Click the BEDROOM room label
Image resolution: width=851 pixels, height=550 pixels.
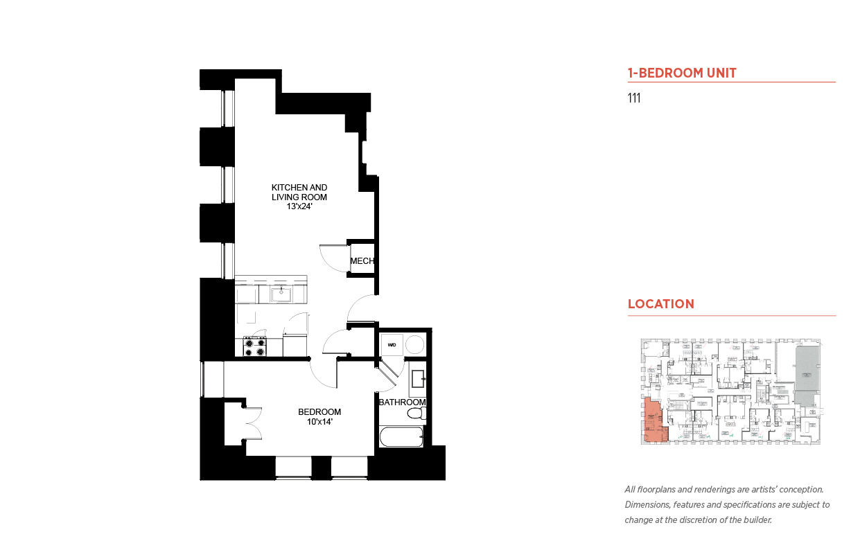tap(319, 411)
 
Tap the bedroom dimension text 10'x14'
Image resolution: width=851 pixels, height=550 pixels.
tap(319, 421)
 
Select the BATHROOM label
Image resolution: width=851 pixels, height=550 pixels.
tap(402, 402)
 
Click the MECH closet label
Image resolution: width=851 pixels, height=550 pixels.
tap(362, 261)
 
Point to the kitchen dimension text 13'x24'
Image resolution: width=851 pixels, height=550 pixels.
tap(299, 206)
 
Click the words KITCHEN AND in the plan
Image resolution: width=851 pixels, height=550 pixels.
tap(299, 188)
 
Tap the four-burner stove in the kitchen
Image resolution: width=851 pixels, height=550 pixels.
tap(255, 346)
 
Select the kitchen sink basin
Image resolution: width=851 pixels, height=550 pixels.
tap(281, 294)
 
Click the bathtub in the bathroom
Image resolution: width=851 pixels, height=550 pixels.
tap(401, 438)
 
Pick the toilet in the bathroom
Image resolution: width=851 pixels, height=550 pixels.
tap(415, 414)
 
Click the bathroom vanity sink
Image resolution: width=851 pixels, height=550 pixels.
tap(417, 380)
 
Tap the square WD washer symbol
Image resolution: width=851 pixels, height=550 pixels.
tap(392, 344)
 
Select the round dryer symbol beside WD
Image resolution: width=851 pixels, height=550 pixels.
tap(414, 344)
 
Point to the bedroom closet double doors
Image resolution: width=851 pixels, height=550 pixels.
tap(252, 423)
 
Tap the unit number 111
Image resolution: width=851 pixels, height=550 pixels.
tap(633, 98)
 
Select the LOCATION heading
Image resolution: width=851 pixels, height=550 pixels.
tap(660, 304)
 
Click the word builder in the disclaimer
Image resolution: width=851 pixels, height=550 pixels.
tap(756, 520)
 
